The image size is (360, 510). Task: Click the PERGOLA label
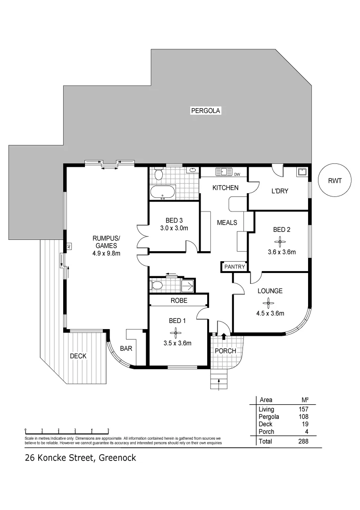pyautogui.click(x=205, y=111)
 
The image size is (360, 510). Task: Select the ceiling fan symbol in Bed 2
pyautogui.click(x=281, y=242)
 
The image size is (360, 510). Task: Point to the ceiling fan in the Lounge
pyautogui.click(x=269, y=302)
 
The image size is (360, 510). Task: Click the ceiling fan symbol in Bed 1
pyautogui.click(x=177, y=332)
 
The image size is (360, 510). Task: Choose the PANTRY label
pyautogui.click(x=234, y=267)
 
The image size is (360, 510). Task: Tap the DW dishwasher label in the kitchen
pyautogui.click(x=237, y=174)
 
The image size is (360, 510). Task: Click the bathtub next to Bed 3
pyautogui.click(x=162, y=192)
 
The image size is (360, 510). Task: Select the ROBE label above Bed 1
pyautogui.click(x=179, y=300)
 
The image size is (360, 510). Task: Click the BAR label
pyautogui.click(x=126, y=349)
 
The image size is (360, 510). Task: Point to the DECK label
pyautogui.click(x=78, y=356)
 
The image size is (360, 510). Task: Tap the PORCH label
pyautogui.click(x=225, y=351)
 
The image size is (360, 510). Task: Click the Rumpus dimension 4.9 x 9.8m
pyautogui.click(x=106, y=253)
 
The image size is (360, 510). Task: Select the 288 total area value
pyautogui.click(x=303, y=442)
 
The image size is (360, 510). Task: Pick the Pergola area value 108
pyautogui.click(x=303, y=417)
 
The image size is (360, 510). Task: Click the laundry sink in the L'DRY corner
pyautogui.click(x=302, y=172)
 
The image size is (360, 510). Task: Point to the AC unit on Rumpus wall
pyautogui.click(x=68, y=246)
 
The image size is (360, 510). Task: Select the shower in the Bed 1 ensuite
pyautogui.click(x=188, y=285)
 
